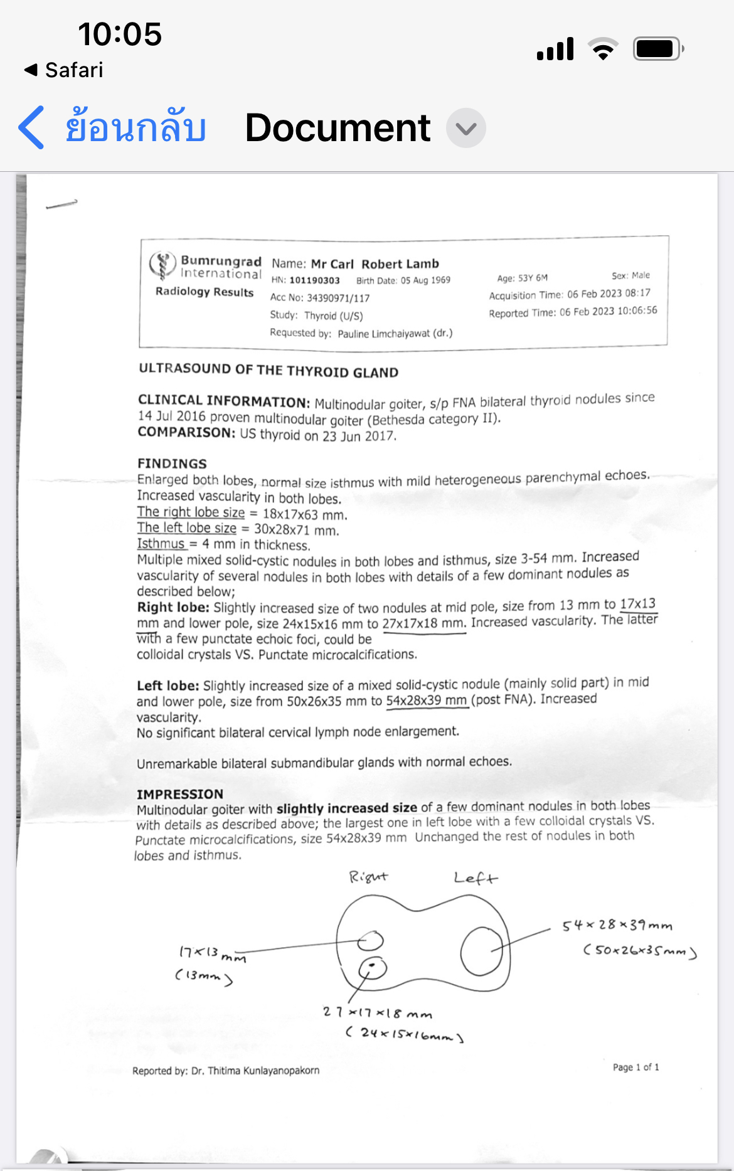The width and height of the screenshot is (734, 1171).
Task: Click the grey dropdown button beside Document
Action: click(465, 128)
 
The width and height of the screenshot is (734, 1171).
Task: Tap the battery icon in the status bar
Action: click(657, 49)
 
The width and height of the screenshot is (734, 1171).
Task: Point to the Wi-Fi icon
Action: click(603, 49)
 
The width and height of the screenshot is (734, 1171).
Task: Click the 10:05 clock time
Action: click(120, 34)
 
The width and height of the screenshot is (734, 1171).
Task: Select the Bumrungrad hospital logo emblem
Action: click(162, 265)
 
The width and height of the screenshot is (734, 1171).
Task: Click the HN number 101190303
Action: click(314, 280)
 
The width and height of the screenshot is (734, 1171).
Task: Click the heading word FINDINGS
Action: click(172, 464)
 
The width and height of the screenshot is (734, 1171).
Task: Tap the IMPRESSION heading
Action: click(180, 794)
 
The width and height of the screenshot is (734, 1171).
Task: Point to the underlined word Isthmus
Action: click(161, 544)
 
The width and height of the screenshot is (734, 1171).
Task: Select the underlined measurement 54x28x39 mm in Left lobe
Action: click(427, 700)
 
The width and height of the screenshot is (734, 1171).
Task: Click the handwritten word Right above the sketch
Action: click(368, 877)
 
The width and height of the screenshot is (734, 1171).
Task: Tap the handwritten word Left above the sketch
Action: click(476, 878)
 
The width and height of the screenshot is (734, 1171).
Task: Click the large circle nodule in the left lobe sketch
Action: click(481, 951)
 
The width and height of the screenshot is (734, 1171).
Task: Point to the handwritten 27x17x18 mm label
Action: click(377, 1012)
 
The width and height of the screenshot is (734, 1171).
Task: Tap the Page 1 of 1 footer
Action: click(636, 1067)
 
